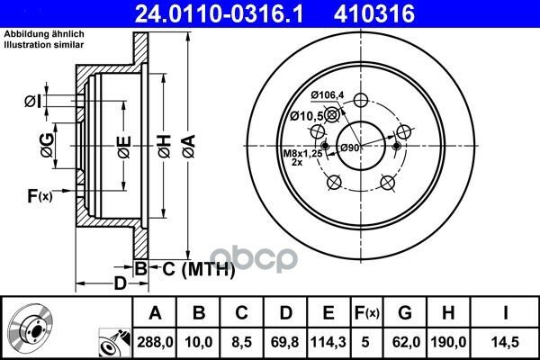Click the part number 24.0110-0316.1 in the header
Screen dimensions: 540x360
pyautogui.click(x=219, y=13)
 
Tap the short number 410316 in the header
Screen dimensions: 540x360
pyautogui.click(x=374, y=13)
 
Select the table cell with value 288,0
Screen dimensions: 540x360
pyautogui.click(x=155, y=342)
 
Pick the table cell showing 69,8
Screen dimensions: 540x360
pyautogui.click(x=285, y=342)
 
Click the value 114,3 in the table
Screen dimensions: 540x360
pyautogui.click(x=328, y=342)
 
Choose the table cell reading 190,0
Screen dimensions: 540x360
pyautogui.click(x=448, y=342)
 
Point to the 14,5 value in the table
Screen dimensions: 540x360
pyautogui.click(x=506, y=342)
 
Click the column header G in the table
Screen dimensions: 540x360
pyautogui.click(x=405, y=312)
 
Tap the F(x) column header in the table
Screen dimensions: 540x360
pyautogui.click(x=367, y=312)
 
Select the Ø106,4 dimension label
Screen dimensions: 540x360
pyautogui.click(x=328, y=95)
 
